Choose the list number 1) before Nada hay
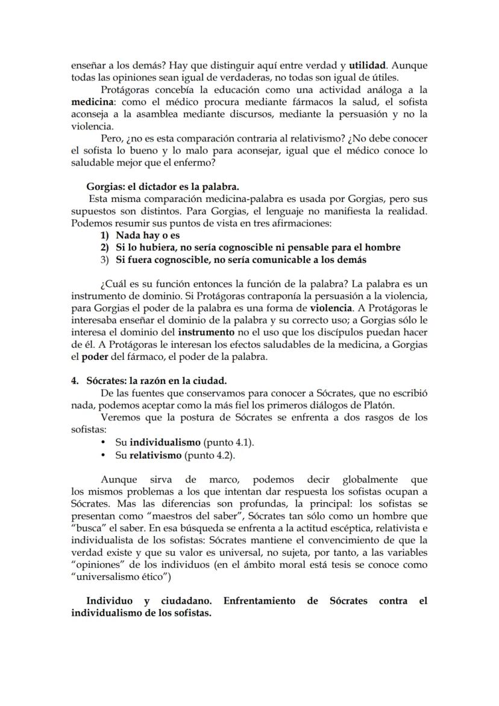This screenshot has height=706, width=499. tap(105, 235)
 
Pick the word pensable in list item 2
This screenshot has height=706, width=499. tap(304, 247)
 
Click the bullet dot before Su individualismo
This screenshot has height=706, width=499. tap(105, 443)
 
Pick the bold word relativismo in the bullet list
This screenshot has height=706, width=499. tap(155, 455)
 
